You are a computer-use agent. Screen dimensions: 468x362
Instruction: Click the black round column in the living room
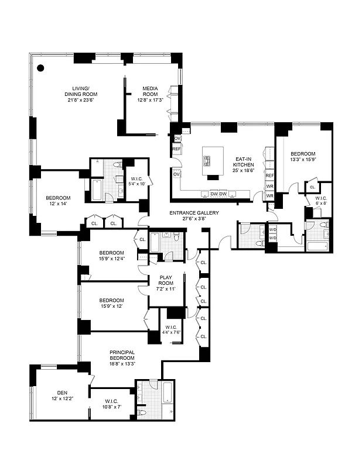[x=41, y=68]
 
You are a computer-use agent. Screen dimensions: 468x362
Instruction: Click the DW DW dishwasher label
[x=218, y=194]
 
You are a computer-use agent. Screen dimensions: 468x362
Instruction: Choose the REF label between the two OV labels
[x=176, y=150]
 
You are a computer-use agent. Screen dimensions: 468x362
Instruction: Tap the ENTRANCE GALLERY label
[x=194, y=213]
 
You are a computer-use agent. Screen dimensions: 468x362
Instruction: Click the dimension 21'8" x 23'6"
[x=81, y=100]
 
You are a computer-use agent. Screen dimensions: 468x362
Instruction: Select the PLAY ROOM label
[x=166, y=280]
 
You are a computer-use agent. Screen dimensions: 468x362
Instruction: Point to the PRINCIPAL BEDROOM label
[x=122, y=355]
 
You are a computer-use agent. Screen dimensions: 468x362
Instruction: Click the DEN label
[x=63, y=393]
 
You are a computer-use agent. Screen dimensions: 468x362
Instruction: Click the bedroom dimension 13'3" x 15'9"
[x=303, y=159]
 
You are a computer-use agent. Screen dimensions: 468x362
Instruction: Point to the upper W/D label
[x=272, y=229]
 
